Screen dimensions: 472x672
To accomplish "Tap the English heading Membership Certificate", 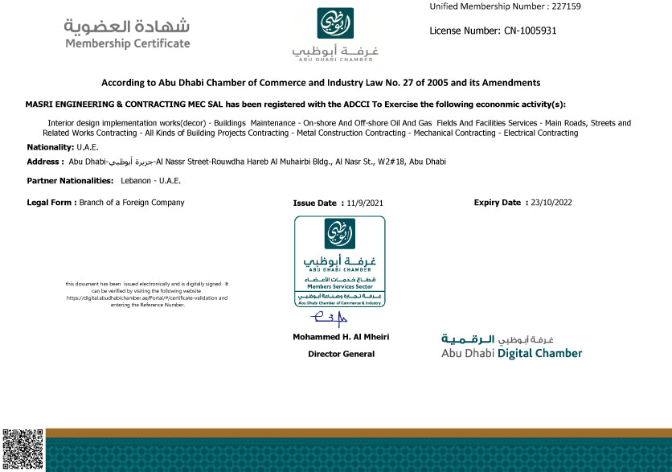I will tap(127, 43).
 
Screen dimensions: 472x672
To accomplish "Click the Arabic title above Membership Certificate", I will tap(127, 25).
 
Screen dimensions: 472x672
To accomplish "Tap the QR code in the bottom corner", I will tap(22, 449).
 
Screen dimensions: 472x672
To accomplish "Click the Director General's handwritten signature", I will tap(329, 319).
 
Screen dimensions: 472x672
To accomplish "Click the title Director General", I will tap(342, 354).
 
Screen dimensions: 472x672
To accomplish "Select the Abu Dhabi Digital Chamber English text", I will tap(511, 353).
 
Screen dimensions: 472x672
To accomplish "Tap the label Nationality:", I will tap(50, 147).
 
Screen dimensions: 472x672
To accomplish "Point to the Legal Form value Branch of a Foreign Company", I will tap(132, 203).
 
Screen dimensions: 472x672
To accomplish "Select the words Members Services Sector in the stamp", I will tap(338, 286).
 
